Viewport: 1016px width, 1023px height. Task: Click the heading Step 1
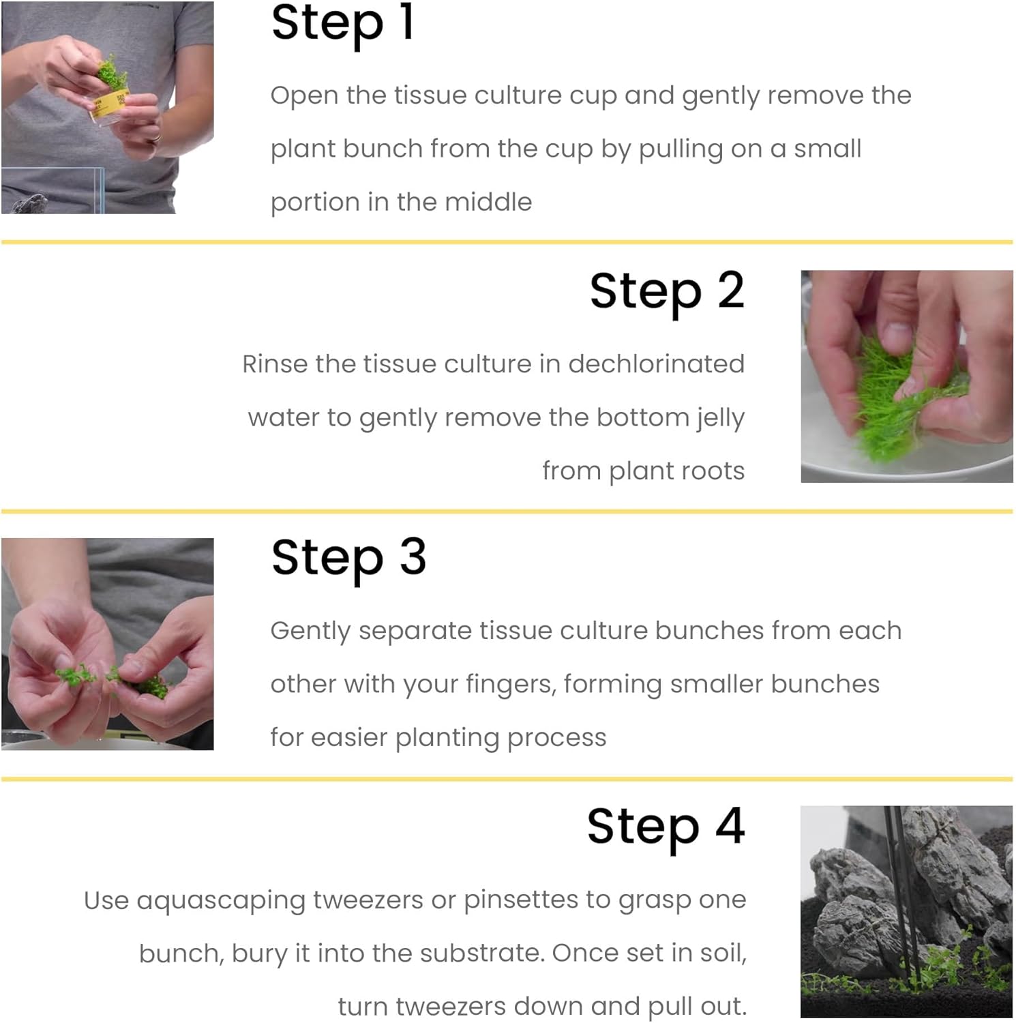click(342, 24)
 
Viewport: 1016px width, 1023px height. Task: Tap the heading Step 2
click(667, 292)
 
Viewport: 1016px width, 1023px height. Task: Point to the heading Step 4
click(666, 827)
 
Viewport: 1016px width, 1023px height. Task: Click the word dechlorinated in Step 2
click(656, 364)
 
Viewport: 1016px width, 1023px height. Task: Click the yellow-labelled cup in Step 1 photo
click(109, 106)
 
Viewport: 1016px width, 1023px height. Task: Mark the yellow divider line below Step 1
click(507, 242)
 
